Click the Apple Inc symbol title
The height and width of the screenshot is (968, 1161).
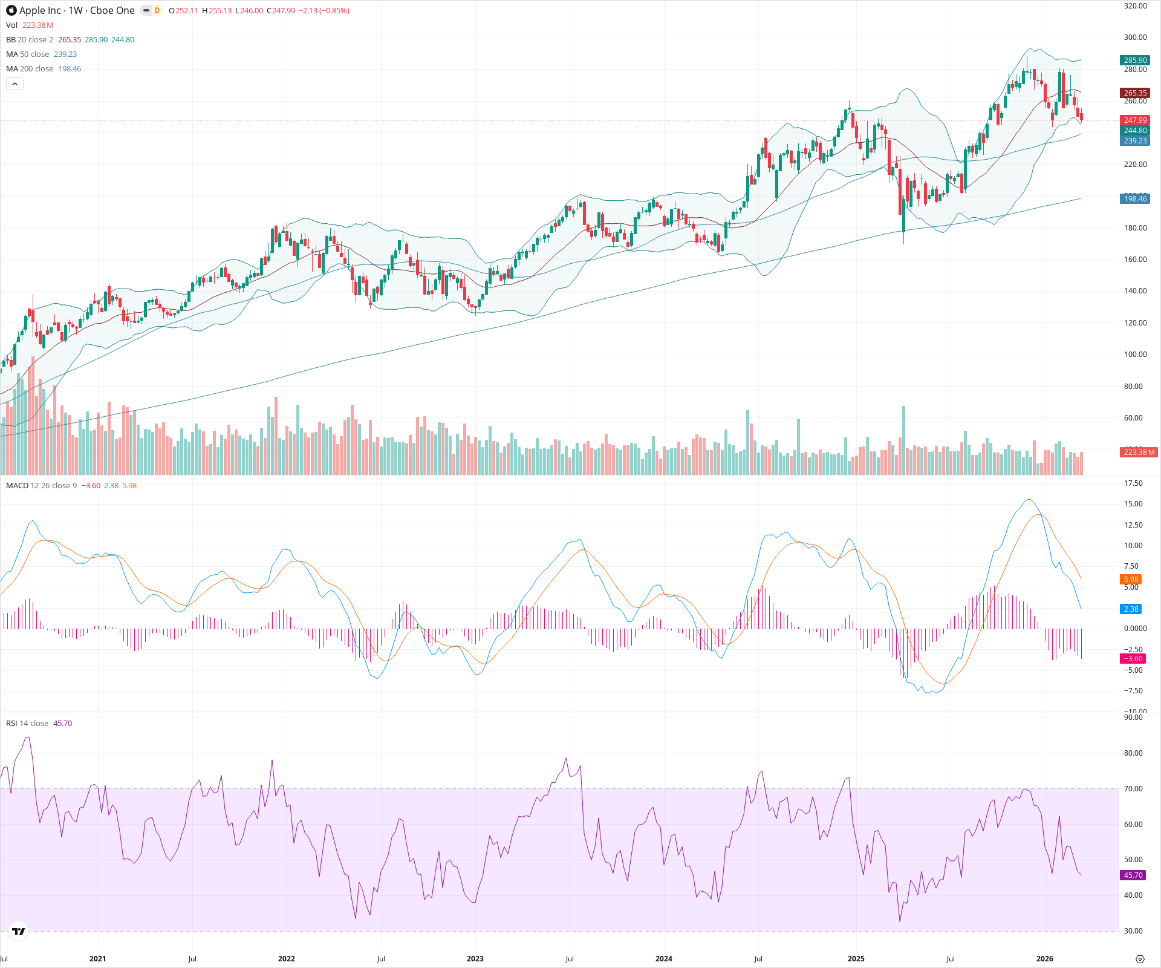(x=77, y=10)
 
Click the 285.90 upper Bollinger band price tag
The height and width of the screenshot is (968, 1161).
(x=1135, y=60)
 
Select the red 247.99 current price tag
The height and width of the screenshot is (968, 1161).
(x=1135, y=120)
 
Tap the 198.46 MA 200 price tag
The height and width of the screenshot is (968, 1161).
(x=1135, y=199)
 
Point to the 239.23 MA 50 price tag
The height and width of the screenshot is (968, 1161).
(x=1135, y=141)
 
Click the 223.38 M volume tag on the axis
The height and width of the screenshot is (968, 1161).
(x=1139, y=453)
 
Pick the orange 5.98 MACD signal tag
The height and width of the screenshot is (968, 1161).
(x=1131, y=580)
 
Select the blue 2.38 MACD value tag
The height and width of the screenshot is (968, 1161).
(x=1131, y=609)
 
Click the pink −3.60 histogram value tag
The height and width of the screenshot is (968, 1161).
(x=1133, y=659)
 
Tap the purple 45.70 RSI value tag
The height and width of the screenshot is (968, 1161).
(x=1133, y=875)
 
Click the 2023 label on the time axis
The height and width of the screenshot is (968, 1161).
(x=475, y=959)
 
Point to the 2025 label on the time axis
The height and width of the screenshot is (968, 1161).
(x=856, y=959)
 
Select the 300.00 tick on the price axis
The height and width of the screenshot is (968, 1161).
(x=1135, y=38)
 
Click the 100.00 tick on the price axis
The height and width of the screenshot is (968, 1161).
(x=1135, y=355)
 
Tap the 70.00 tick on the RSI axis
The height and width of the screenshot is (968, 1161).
(x=1133, y=789)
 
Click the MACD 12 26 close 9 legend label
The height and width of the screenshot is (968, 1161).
(x=41, y=486)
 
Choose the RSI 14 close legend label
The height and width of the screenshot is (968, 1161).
(x=27, y=724)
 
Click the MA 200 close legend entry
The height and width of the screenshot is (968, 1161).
(x=30, y=69)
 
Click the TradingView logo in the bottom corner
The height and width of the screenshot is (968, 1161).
(x=19, y=931)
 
